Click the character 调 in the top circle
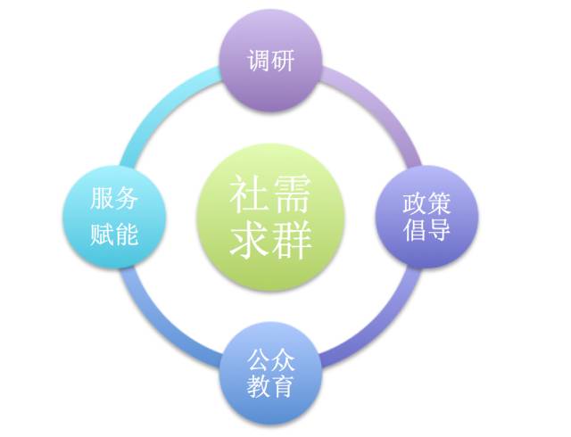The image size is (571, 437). (x=259, y=62)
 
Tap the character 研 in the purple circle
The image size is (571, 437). (x=284, y=62)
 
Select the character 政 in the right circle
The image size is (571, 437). (x=414, y=204)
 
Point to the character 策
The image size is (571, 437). (x=439, y=204)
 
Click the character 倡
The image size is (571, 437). (x=414, y=231)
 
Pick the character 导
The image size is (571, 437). (x=439, y=231)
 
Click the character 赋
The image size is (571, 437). (x=102, y=235)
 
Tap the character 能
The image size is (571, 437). (x=127, y=235)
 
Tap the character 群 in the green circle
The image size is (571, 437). (x=293, y=239)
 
